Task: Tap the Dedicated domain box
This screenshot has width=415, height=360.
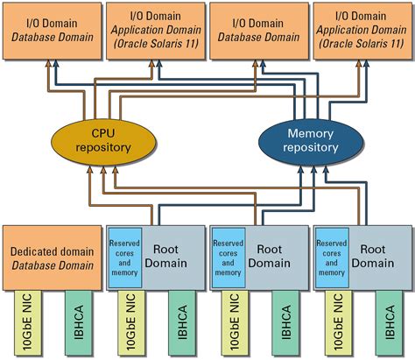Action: click(x=52, y=257)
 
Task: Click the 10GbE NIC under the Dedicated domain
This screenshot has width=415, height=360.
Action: click(x=25, y=323)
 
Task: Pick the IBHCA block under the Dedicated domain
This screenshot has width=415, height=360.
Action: click(x=77, y=323)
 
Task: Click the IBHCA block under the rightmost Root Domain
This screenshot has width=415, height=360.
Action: click(x=387, y=323)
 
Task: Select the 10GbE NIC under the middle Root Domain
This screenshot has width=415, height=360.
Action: click(x=231, y=323)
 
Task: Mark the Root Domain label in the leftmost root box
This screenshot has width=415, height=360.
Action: click(x=172, y=256)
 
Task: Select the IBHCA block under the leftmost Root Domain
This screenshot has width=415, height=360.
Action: click(x=180, y=323)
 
